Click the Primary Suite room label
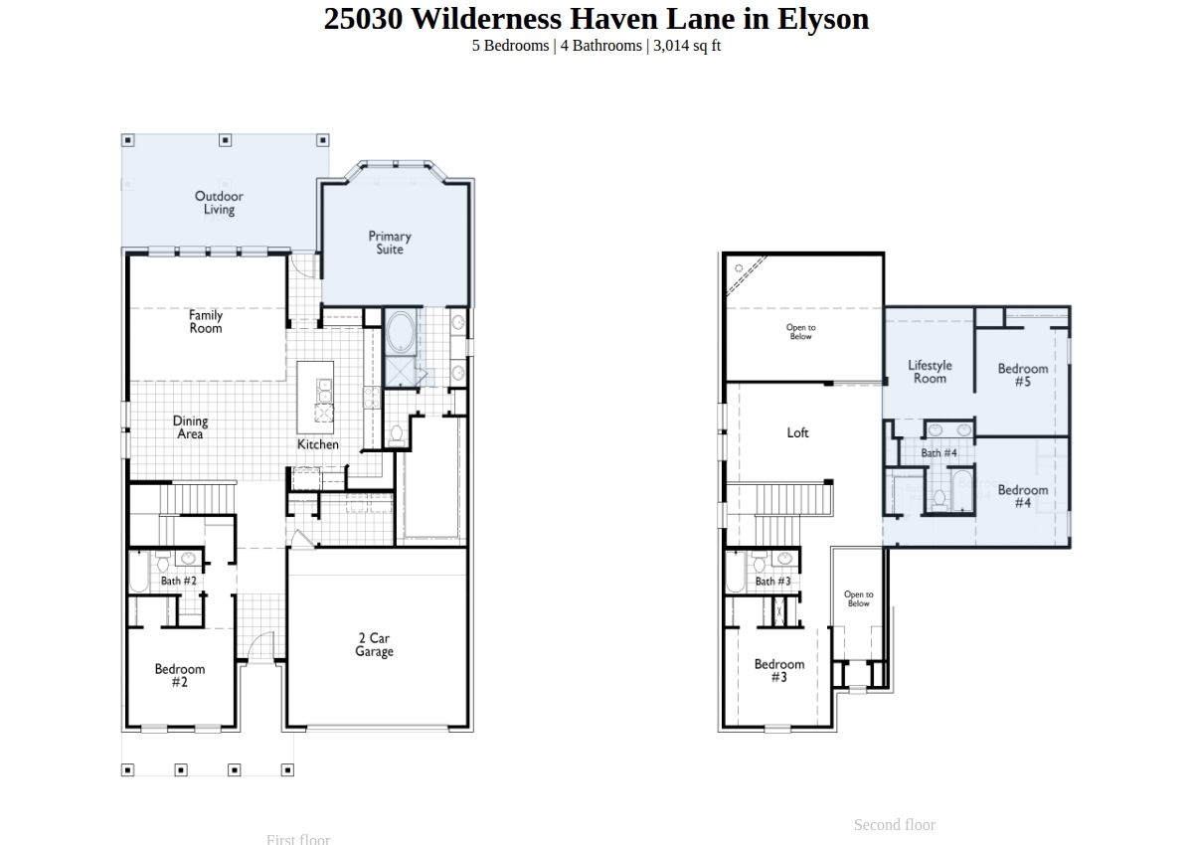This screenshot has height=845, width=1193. [x=390, y=243]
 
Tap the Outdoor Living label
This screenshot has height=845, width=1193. [x=219, y=203]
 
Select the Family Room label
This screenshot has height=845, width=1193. [x=206, y=322]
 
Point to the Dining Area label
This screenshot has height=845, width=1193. [x=190, y=427]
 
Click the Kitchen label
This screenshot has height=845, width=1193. [x=318, y=444]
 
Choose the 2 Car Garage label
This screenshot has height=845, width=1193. [x=375, y=645]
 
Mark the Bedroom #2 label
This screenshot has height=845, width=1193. [x=180, y=675]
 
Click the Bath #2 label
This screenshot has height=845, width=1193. [x=178, y=581]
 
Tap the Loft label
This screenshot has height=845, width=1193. [x=797, y=432]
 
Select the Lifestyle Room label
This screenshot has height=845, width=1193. [x=930, y=372]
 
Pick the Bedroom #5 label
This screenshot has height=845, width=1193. [x=1023, y=375]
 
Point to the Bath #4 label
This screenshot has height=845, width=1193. [x=938, y=453]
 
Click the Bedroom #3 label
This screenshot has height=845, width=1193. [x=779, y=670]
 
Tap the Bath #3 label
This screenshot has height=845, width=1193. [x=772, y=582]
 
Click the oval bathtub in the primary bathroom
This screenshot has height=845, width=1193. [x=401, y=331]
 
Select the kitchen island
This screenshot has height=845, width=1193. [x=315, y=398]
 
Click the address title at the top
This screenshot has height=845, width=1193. [x=596, y=19]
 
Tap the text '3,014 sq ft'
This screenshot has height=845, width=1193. [x=687, y=46]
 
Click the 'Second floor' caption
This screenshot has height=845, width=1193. [x=895, y=825]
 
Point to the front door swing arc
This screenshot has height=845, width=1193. [x=258, y=642]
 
